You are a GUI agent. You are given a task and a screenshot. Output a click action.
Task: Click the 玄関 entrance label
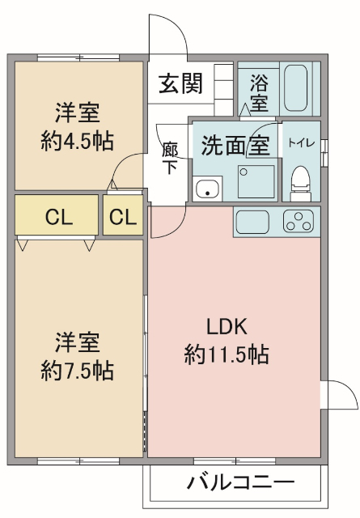pos(180,83)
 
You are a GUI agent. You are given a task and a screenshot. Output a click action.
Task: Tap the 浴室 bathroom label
pos(259,92)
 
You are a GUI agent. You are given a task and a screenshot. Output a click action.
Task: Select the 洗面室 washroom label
pos(235,146)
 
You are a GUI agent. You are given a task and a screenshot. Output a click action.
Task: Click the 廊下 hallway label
pos(170,159)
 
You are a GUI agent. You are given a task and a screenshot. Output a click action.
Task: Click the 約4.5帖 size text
pos(77,140)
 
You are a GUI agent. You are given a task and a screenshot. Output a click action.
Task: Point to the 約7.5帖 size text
pos(77,370)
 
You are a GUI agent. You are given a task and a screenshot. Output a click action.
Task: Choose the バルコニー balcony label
pos(240,483)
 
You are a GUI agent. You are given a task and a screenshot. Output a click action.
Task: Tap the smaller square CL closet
pos(123,217)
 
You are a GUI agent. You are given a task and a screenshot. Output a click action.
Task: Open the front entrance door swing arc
pos(167,36)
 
